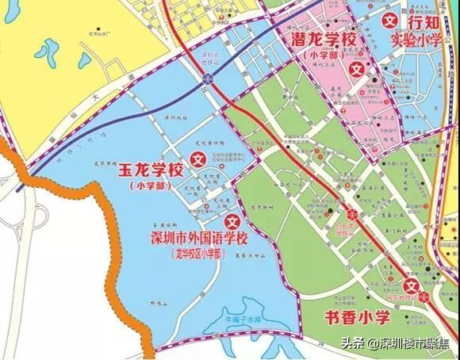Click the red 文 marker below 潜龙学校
click(357, 70)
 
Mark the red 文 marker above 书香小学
click(412, 287)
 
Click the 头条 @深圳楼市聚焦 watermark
click(402, 344)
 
